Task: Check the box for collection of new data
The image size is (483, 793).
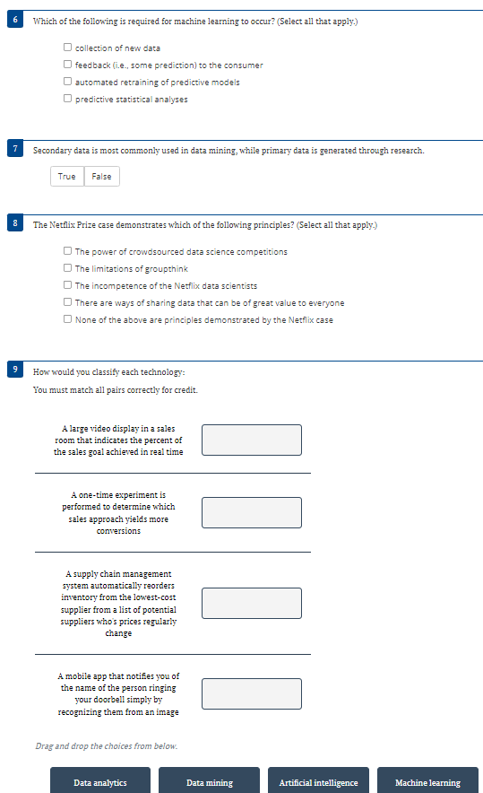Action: [x=68, y=48]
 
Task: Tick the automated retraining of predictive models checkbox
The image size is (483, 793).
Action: [x=68, y=82]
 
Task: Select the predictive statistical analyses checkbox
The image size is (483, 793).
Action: [x=68, y=99]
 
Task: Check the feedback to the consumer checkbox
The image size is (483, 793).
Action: [x=68, y=65]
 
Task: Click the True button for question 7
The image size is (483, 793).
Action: [x=67, y=177]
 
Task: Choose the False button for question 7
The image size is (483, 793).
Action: [x=102, y=177]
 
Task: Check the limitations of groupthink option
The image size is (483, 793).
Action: [x=68, y=268]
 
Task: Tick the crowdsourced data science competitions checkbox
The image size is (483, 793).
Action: [x=68, y=251]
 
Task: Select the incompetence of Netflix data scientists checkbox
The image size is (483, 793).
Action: [x=68, y=285]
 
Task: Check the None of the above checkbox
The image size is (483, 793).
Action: [x=68, y=319]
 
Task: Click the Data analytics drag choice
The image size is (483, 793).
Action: [x=100, y=782]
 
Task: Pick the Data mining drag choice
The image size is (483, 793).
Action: [x=209, y=782]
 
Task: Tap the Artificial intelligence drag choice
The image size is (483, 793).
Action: [x=318, y=782]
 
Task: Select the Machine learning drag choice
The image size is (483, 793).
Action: [x=427, y=782]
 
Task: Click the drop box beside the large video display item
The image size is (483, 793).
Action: [x=252, y=440]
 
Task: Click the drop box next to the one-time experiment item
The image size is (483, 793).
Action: [x=252, y=512]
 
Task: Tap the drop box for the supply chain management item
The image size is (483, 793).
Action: [x=252, y=603]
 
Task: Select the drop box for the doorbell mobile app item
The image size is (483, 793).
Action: [x=252, y=693]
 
